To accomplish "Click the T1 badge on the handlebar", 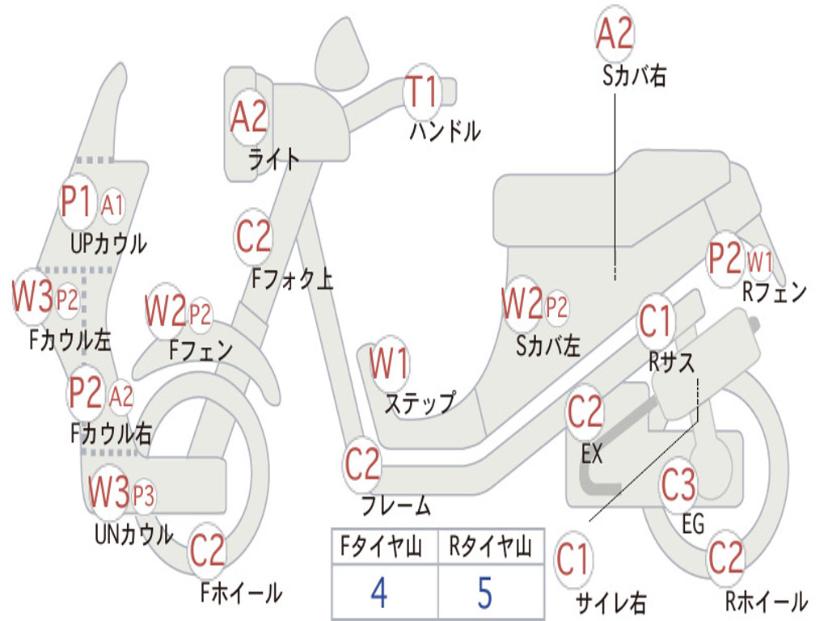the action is (422, 91).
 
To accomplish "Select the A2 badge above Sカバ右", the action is (615, 33).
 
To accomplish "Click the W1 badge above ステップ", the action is (390, 363).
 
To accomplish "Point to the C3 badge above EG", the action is (678, 484).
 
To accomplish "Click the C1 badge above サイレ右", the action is (573, 560).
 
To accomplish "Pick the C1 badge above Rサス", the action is (655, 320).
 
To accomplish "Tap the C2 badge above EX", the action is (585, 412).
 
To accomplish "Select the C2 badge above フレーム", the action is (362, 464).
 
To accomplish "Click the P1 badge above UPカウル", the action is (78, 201).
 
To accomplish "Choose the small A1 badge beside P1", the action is (112, 205).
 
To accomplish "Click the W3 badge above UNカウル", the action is (109, 492).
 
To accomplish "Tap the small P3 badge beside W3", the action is (143, 496).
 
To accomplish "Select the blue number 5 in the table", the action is (485, 593).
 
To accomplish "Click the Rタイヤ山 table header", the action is (490, 546).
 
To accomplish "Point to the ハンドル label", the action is (446, 131).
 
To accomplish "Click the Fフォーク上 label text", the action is (293, 278).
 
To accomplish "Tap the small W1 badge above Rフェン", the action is (760, 261).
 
